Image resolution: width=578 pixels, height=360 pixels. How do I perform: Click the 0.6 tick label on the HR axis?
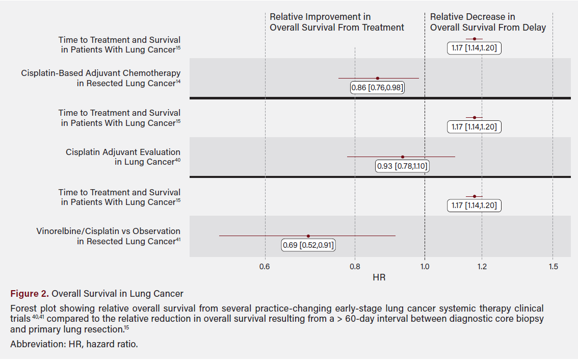point(265,266)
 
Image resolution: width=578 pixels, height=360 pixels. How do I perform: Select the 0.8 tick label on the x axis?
point(355,266)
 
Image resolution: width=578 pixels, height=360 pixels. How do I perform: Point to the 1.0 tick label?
point(425,266)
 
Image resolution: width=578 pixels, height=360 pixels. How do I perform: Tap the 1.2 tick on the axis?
point(482,266)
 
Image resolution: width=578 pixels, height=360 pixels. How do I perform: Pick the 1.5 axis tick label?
point(553,266)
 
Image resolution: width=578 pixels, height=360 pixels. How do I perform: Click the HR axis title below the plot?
point(379,277)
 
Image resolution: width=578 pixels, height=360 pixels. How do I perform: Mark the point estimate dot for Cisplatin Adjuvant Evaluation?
point(403,157)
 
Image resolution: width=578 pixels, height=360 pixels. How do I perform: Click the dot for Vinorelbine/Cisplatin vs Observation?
point(308,236)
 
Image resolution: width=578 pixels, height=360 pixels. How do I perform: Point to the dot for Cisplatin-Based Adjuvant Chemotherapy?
point(377,78)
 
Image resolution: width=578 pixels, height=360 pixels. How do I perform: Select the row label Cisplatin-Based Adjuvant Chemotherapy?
point(101,78)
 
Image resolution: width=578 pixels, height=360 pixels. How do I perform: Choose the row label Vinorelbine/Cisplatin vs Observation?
point(108,236)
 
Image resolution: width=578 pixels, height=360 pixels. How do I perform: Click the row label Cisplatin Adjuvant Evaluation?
point(123,157)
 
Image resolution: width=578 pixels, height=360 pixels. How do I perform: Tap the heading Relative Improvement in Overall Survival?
point(336,22)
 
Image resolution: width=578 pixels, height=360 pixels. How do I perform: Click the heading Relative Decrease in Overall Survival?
point(487,22)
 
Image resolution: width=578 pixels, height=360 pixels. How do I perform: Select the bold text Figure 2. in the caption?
point(29,294)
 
